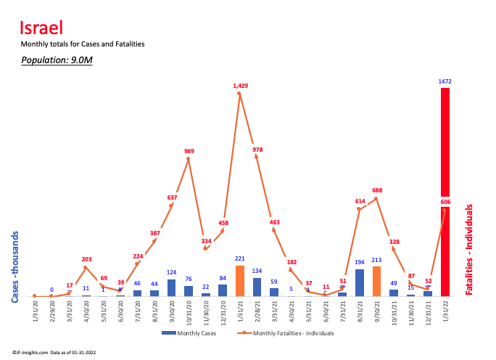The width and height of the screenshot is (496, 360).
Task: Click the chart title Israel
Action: [x=41, y=28]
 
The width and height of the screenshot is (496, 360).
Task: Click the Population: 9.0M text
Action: [x=57, y=60]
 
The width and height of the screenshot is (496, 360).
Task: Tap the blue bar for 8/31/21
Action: [x=360, y=282]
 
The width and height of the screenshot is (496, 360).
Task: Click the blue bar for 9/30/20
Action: [x=171, y=287]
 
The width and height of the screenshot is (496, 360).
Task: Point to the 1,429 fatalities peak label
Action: [x=241, y=86]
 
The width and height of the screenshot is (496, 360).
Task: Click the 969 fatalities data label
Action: [x=189, y=152]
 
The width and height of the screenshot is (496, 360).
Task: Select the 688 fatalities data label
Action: [x=377, y=191]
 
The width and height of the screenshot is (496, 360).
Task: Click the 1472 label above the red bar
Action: [x=445, y=81]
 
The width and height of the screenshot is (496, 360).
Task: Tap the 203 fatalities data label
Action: [x=86, y=259]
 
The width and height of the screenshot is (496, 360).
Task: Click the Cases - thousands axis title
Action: [x=15, y=266]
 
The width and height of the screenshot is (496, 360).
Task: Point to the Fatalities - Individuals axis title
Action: [x=470, y=249]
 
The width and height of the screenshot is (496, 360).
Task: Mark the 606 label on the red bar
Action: [x=445, y=202]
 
